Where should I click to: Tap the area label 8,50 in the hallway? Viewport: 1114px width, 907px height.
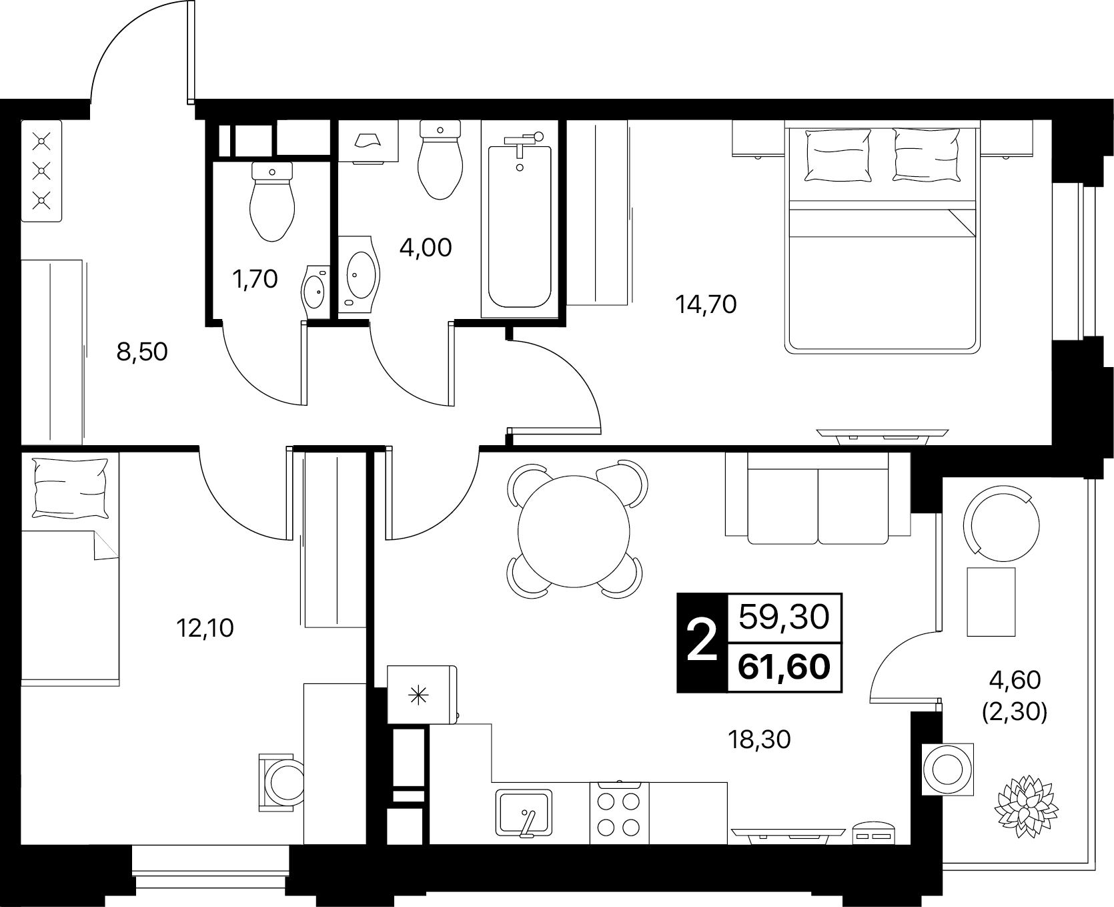(141, 351)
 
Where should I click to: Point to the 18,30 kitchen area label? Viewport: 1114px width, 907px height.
(760, 739)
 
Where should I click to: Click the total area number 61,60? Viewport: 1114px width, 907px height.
(784, 665)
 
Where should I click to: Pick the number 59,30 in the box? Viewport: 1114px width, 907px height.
(784, 617)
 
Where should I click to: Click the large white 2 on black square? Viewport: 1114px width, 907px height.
(701, 641)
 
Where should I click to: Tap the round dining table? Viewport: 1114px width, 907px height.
(574, 531)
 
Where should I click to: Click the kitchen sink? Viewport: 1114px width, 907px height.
(524, 813)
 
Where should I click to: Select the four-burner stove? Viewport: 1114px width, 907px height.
(620, 813)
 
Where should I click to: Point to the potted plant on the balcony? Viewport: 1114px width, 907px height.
(1026, 802)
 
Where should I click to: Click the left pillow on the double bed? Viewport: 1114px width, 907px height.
(838, 156)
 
